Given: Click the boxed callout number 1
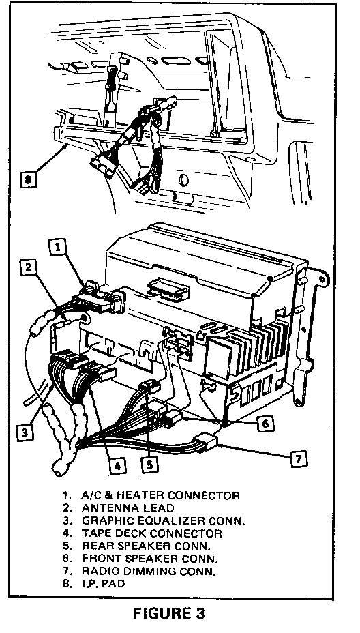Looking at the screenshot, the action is pyautogui.click(x=58, y=248).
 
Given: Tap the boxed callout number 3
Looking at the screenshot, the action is pyautogui.click(x=25, y=433).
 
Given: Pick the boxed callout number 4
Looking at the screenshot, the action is pyautogui.click(x=117, y=466).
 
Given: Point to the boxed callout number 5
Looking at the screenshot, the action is pyautogui.click(x=149, y=465).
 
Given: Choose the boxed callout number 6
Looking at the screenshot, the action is pyautogui.click(x=265, y=423).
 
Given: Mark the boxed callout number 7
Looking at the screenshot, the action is pyautogui.click(x=299, y=458).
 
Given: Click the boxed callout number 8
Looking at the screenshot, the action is pyautogui.click(x=28, y=179).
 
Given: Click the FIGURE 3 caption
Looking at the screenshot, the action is pyautogui.click(x=169, y=613).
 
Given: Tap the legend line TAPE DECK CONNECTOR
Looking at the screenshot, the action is pyautogui.click(x=152, y=533).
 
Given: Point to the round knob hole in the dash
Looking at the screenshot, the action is pyautogui.click(x=183, y=179).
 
